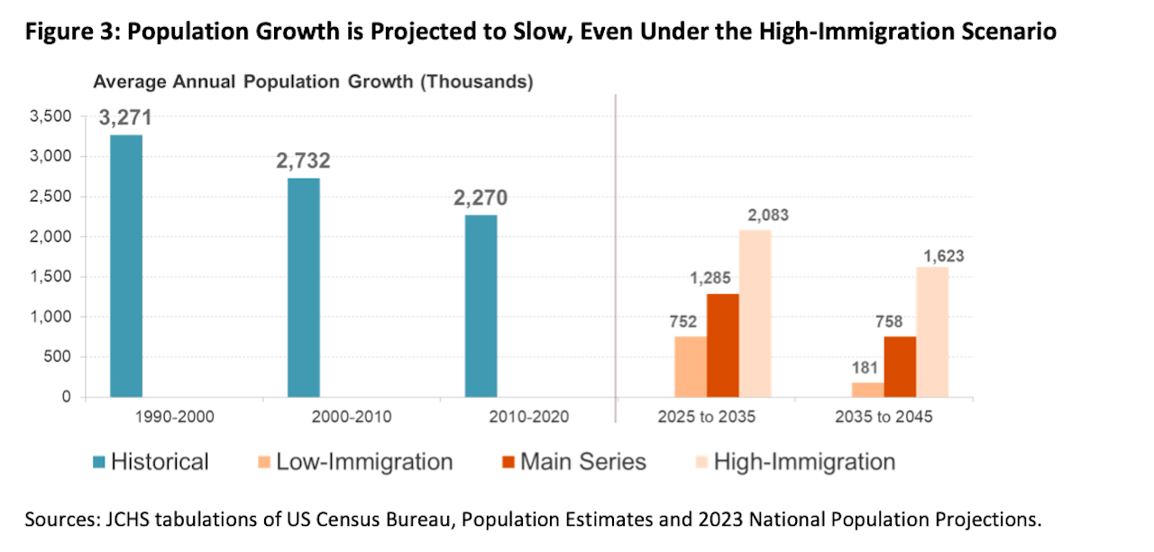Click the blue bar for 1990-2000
coord(126,265)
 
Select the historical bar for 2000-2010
coord(303,287)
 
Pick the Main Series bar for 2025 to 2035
coord(722,345)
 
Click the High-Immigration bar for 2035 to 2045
coord(932,332)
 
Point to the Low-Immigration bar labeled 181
coord(867,390)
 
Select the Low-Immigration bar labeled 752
coord(690,366)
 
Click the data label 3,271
coord(126,117)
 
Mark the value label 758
coord(899,319)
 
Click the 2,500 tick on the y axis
coord(50,197)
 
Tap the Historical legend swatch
coord(100,463)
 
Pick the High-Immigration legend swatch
coord(697,463)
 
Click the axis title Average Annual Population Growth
coord(313,82)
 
